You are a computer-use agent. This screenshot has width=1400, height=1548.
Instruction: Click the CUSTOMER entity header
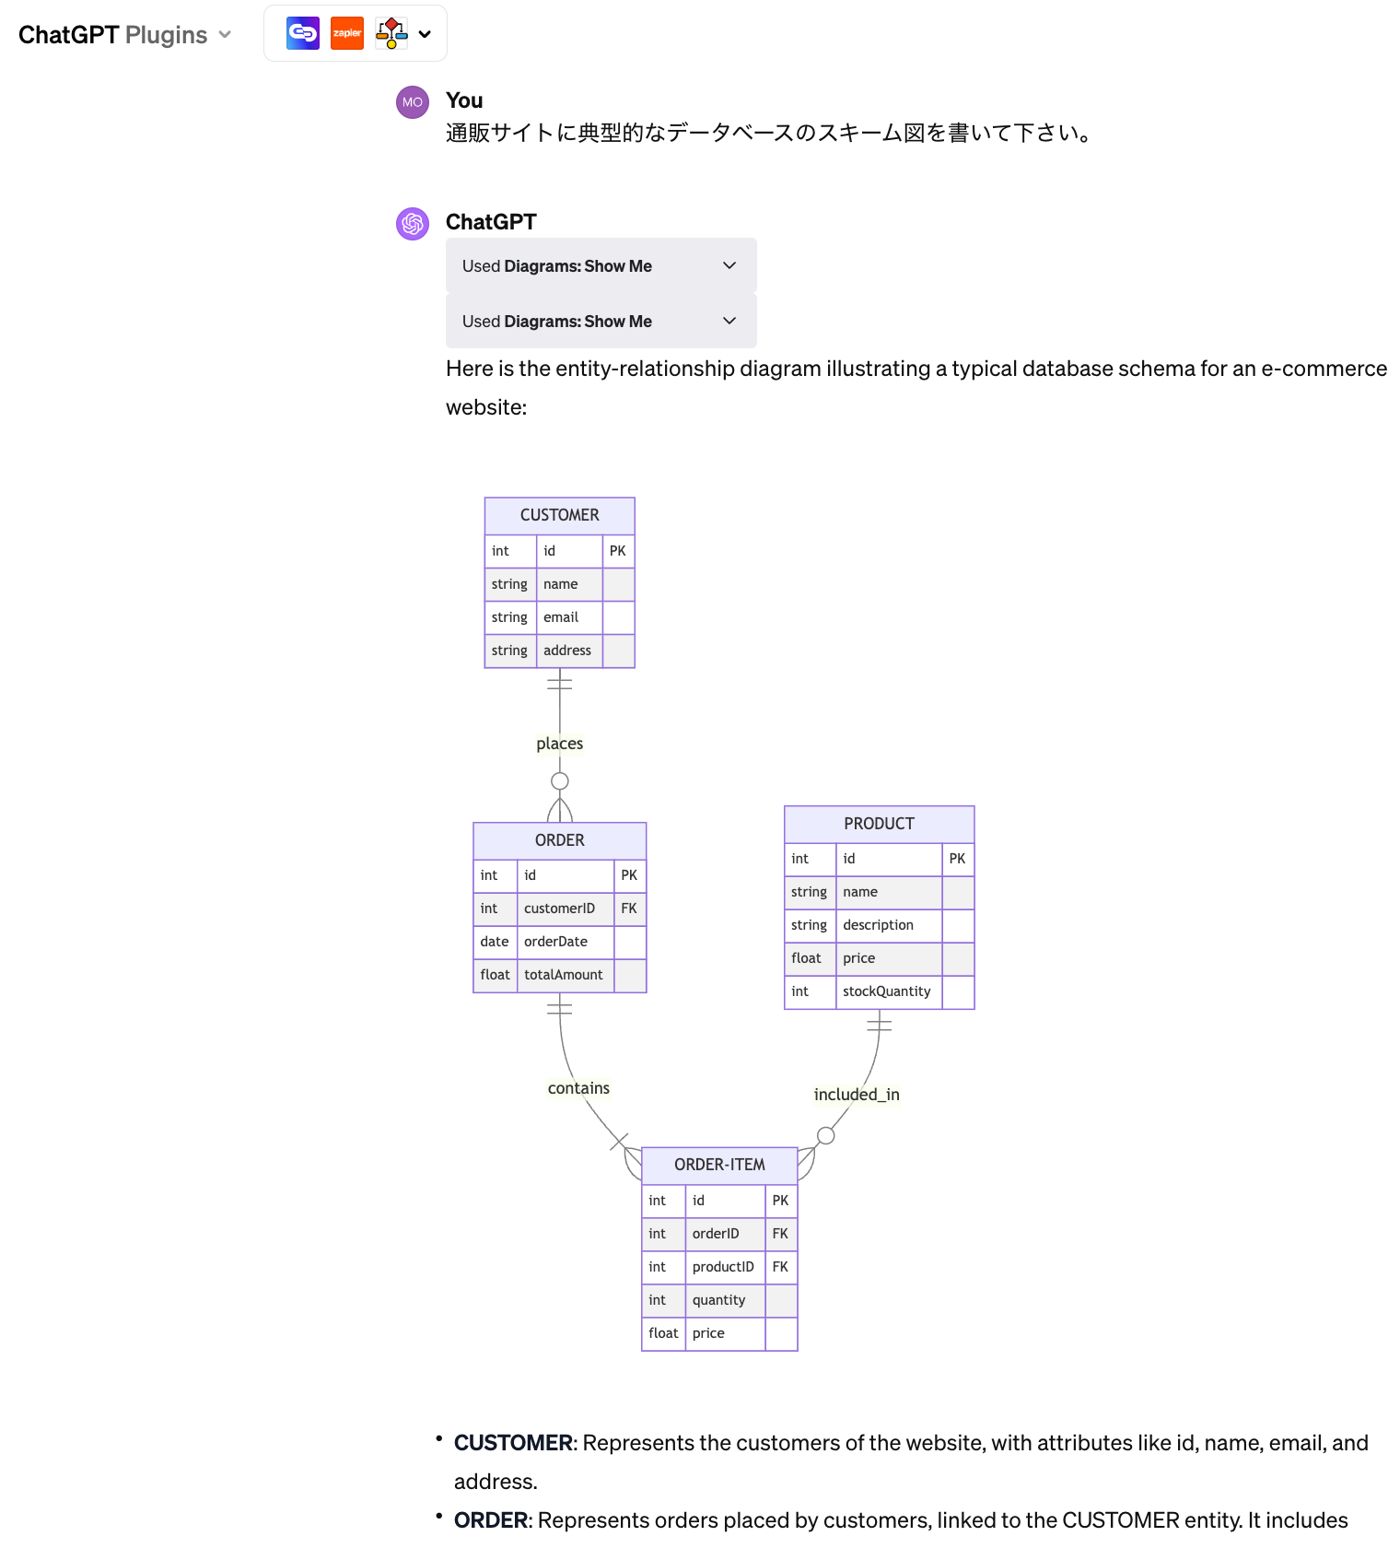pyautogui.click(x=559, y=515)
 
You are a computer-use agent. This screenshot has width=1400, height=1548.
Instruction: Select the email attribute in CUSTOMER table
pyautogui.click(x=561, y=617)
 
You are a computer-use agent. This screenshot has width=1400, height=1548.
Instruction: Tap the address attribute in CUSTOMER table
pyautogui.click(x=567, y=651)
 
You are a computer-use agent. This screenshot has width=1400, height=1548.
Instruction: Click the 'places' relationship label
pyautogui.click(x=560, y=744)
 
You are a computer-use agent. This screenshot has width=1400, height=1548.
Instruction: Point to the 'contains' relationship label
pyautogui.click(x=578, y=1088)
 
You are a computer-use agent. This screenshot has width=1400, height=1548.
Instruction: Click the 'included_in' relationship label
pyautogui.click(x=857, y=1095)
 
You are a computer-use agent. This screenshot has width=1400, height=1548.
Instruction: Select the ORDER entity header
pyautogui.click(x=559, y=840)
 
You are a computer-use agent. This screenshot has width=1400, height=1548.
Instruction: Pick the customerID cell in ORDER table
pyautogui.click(x=559, y=909)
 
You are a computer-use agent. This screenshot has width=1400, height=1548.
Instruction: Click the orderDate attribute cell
pyautogui.click(x=555, y=942)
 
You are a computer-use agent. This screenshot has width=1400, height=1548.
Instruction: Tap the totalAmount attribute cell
pyautogui.click(x=563, y=975)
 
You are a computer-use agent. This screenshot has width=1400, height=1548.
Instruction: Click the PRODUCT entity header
pyautogui.click(x=879, y=824)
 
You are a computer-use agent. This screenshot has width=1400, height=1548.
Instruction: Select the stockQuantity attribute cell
pyautogui.click(x=886, y=991)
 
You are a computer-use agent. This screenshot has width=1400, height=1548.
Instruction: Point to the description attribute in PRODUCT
pyautogui.click(x=878, y=925)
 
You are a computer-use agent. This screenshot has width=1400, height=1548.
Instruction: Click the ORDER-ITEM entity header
pyautogui.click(x=719, y=1165)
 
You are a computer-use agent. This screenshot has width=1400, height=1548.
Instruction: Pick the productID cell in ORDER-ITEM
pyautogui.click(x=723, y=1267)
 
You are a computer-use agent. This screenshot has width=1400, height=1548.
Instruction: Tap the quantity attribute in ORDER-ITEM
pyautogui.click(x=718, y=1300)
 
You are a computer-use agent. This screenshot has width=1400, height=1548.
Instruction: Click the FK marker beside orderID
pyautogui.click(x=780, y=1234)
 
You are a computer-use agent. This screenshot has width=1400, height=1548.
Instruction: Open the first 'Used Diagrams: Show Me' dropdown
pyautogui.click(x=601, y=266)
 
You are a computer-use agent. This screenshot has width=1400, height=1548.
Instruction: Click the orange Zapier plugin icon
pyautogui.click(x=347, y=33)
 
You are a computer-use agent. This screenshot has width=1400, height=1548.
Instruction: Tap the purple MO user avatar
pyautogui.click(x=413, y=102)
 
